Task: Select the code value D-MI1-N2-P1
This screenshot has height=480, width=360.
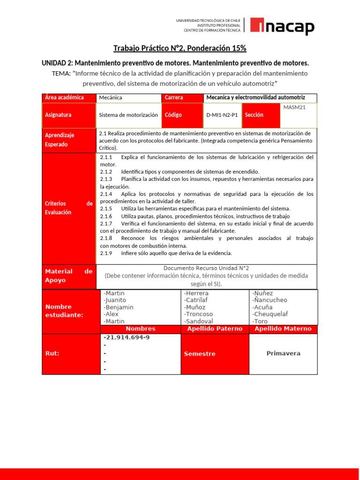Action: coord(222,115)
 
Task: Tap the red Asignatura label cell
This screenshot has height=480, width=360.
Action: coord(68,115)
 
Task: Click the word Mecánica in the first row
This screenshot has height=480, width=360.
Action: coord(111,97)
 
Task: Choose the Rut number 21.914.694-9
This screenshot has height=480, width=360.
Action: coord(127,337)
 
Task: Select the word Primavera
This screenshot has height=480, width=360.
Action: coord(283,353)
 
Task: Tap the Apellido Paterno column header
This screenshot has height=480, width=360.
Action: coord(215,329)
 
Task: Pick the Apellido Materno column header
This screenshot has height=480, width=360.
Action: coord(283,329)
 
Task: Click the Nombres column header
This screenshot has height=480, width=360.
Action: coord(141,329)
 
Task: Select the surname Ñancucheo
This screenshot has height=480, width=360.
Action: coord(270,300)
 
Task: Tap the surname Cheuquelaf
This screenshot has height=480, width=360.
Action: coord(270,314)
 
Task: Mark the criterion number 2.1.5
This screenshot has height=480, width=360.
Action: coord(106,208)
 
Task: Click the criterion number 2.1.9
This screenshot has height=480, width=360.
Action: coord(106,253)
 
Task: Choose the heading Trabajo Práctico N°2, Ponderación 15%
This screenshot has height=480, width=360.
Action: coord(180,48)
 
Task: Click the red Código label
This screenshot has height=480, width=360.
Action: coord(173,115)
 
